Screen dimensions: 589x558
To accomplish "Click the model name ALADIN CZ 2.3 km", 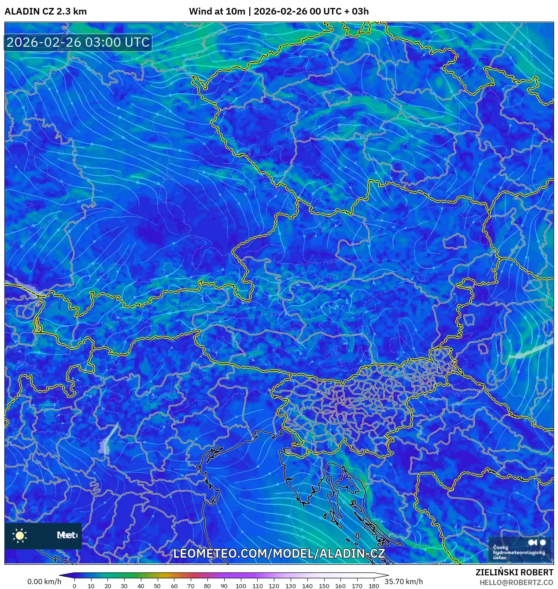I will (45, 11).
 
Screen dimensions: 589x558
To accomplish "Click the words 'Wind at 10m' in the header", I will (217, 11).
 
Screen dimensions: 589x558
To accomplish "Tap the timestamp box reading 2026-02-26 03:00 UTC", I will (78, 42).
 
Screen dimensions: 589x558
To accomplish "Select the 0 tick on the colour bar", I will (74, 585).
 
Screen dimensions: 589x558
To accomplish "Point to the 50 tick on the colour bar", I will (157, 585).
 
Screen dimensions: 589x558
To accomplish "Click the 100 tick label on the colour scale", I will (240, 585).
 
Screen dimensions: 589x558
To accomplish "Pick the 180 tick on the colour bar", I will (373, 585).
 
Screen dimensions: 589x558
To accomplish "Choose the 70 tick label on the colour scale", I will (191, 585).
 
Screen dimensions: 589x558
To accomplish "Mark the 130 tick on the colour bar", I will (290, 585).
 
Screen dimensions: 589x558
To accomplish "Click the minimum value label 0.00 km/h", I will (44, 582).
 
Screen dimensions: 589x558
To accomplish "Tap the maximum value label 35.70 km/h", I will (403, 582).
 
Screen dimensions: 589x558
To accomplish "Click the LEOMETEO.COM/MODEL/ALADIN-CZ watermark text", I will (279, 553).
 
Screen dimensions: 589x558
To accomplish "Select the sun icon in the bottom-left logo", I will (20, 535).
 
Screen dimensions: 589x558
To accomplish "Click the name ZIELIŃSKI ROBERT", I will (514, 572).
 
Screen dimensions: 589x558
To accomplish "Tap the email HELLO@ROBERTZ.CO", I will (516, 582).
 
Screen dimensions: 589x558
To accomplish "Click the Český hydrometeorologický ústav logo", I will (520, 549).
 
